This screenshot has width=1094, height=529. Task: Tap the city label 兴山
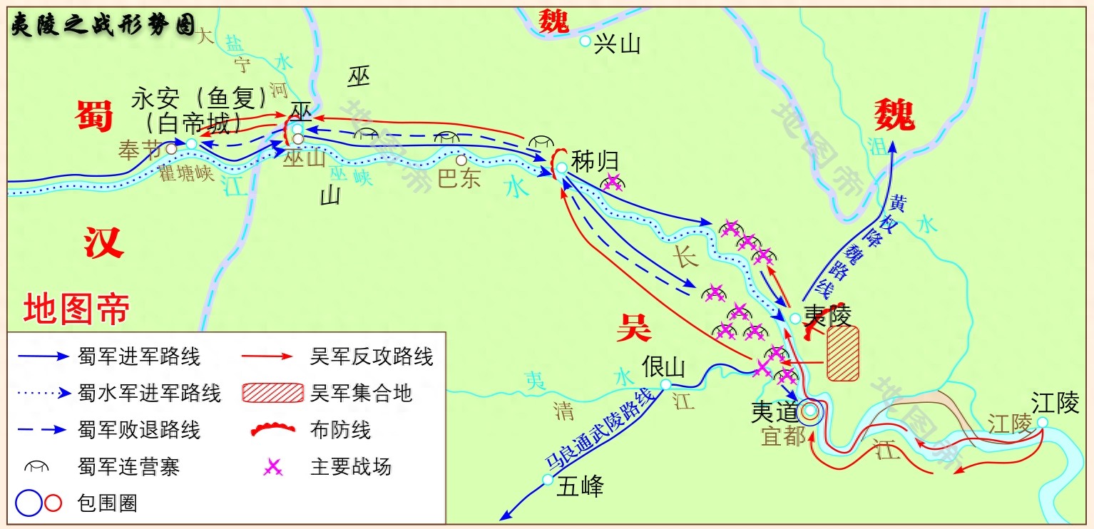tap(618, 44)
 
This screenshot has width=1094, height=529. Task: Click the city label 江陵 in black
tap(1055, 404)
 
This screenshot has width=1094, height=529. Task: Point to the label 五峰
tap(581, 486)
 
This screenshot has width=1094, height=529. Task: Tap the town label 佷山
tap(663, 366)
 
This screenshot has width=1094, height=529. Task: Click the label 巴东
tap(459, 178)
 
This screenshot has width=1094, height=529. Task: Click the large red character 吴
tap(633, 327)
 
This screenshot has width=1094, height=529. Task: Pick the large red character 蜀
tap(94, 116)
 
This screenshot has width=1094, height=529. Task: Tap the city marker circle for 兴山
tap(585, 41)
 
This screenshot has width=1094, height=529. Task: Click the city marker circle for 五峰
tap(548, 480)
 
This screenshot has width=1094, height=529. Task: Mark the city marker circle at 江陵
tap(1043, 422)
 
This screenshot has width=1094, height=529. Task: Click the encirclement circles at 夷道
tap(810, 411)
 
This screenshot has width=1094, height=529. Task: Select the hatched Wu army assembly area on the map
tap(842, 353)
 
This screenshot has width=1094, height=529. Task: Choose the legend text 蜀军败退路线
tap(139, 430)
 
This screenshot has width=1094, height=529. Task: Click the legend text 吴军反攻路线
tap(372, 356)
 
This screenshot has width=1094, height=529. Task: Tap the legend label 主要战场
tap(351, 467)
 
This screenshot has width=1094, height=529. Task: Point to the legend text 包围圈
tap(107, 504)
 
